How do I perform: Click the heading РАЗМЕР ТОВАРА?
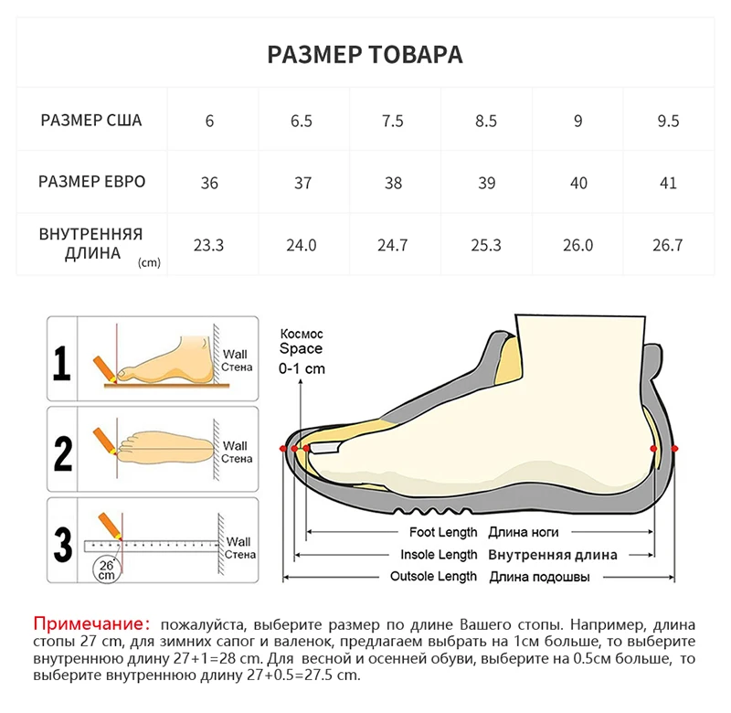(x=365, y=54)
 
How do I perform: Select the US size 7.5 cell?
(x=393, y=121)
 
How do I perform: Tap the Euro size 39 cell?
(x=486, y=183)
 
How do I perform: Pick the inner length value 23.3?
(x=209, y=245)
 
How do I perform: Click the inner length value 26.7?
(x=668, y=245)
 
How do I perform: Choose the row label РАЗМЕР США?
(x=91, y=121)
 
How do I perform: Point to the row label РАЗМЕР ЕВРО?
(x=91, y=182)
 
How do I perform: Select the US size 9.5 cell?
(x=668, y=121)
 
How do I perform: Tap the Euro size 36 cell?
(x=209, y=183)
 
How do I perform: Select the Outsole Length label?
(x=433, y=577)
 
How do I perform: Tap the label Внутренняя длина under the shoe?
(x=552, y=555)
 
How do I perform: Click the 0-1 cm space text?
(x=302, y=369)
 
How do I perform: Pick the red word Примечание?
(x=90, y=623)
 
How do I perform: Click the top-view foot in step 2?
(x=169, y=447)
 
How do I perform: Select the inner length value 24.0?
(x=302, y=245)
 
